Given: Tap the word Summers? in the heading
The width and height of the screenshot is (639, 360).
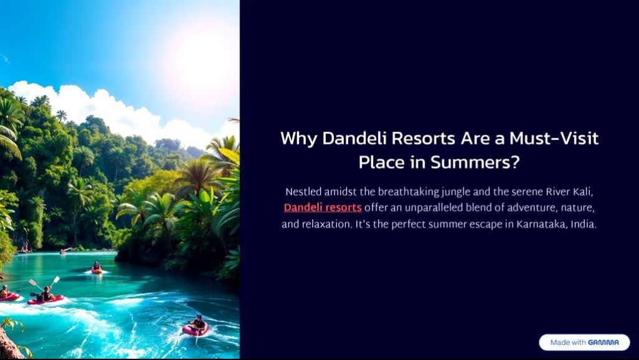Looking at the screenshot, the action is coord(475,163).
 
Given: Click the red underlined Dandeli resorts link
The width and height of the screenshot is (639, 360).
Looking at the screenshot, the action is coord(323,207).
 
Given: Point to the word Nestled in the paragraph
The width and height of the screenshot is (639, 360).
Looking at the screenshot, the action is coord(303,192).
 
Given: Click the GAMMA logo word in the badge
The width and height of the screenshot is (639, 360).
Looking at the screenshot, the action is coord(603,343).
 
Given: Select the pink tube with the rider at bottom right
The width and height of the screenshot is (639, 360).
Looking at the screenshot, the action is coord(196,329).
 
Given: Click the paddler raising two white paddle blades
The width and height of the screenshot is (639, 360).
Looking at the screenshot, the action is coord(45,291).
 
